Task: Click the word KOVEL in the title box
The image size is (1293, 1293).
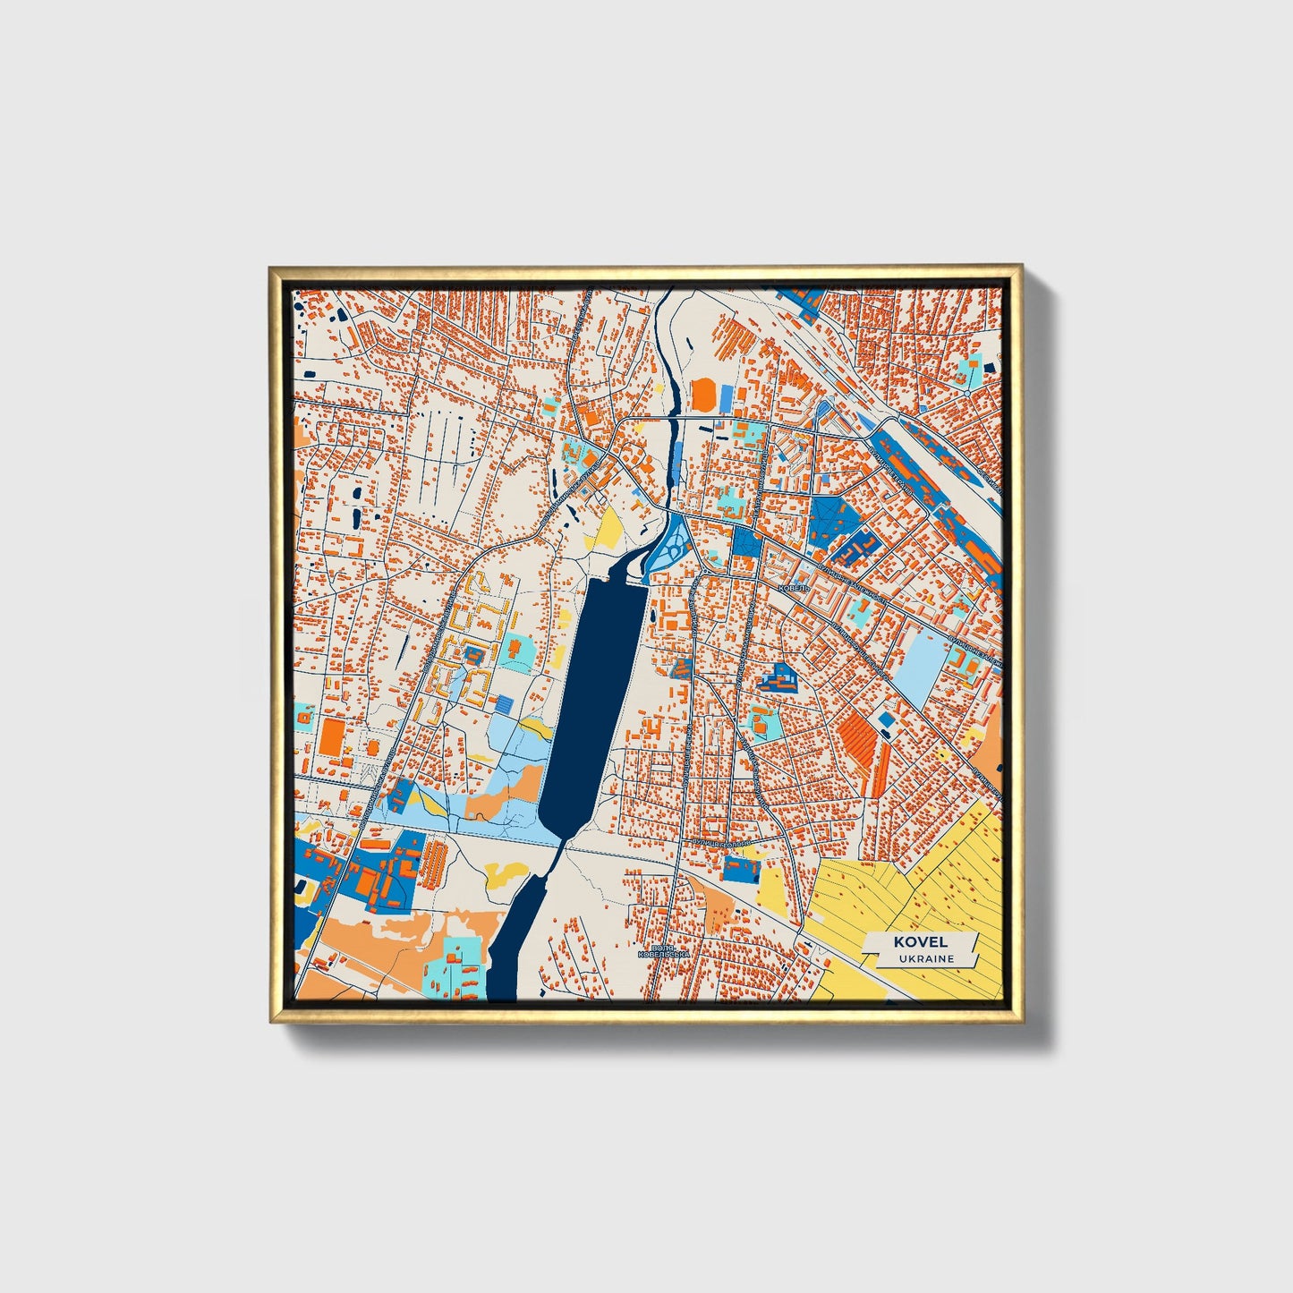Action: (919, 941)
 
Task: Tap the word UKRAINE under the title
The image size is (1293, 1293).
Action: (927, 958)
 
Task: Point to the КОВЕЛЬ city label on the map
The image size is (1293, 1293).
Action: (793, 588)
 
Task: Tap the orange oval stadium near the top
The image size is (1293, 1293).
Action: (704, 395)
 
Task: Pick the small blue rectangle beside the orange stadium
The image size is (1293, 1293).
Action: (727, 395)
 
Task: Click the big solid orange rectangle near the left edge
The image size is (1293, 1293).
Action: (331, 736)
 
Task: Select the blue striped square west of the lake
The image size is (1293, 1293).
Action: (506, 704)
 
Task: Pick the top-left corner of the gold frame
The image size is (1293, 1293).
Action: (271, 268)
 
